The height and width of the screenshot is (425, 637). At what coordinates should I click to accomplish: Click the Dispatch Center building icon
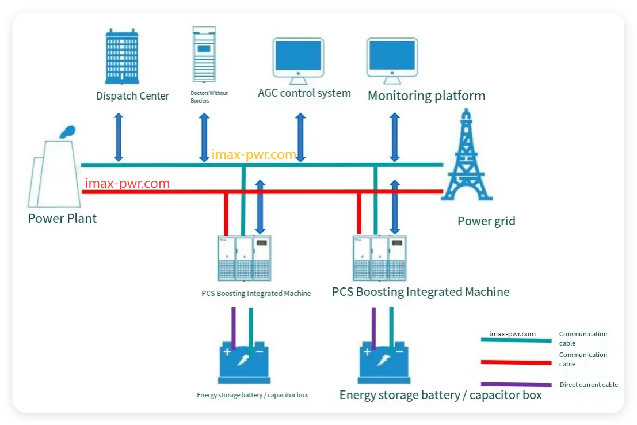[122, 56]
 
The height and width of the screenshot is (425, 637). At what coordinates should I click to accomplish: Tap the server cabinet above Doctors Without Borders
[204, 54]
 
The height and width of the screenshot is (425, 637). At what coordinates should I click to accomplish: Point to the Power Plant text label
[62, 219]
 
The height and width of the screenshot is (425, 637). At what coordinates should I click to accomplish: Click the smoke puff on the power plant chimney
[66, 132]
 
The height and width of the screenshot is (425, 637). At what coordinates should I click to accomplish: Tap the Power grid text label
[486, 221]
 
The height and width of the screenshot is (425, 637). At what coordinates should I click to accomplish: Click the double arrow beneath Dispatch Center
[119, 137]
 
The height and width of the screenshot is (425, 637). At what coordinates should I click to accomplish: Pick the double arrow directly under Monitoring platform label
[395, 137]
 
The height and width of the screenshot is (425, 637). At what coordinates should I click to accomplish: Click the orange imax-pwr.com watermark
[254, 154]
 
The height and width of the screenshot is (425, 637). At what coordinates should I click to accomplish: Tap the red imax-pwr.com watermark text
[127, 184]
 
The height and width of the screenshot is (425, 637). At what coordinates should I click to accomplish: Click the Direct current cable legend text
[589, 385]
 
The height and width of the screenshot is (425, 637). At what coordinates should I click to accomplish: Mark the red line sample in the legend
[516, 362]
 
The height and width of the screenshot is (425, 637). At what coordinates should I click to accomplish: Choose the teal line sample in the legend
[516, 340]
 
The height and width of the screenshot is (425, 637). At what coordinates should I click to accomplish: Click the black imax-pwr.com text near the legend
[512, 333]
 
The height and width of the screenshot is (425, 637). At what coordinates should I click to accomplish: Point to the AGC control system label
[304, 93]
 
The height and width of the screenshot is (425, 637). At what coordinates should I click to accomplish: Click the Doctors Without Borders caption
[209, 97]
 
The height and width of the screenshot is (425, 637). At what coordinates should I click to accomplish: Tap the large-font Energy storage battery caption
[440, 395]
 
